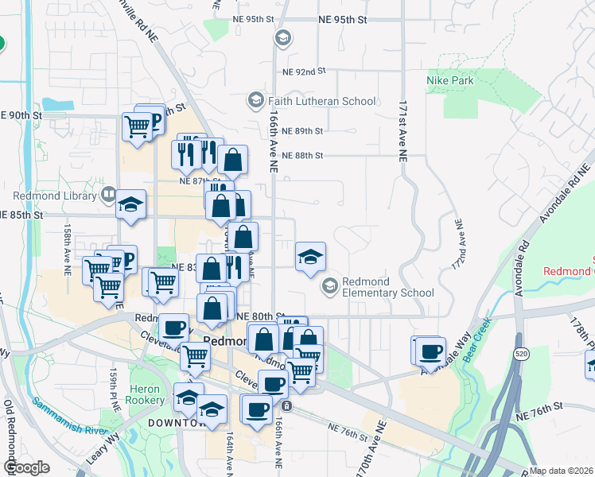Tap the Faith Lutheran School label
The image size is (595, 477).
click(321, 101)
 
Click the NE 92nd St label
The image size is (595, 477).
click(305, 71)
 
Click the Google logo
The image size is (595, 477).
click(25, 467)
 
